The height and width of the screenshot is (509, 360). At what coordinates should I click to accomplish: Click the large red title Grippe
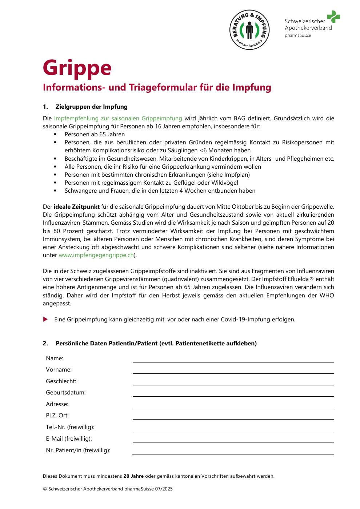click(77, 68)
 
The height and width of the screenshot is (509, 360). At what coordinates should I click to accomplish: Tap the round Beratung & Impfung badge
click(249, 30)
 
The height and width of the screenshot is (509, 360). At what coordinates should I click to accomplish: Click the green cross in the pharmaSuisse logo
click(333, 17)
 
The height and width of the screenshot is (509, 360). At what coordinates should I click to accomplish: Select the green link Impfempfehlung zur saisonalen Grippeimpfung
click(118, 118)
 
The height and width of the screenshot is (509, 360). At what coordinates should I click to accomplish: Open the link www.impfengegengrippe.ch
click(96, 255)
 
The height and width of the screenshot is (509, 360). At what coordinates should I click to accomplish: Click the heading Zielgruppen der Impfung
click(91, 107)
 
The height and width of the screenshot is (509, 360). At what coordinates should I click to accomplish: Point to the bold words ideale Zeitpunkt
click(77, 207)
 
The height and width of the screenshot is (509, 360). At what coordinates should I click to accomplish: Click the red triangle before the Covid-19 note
click(45, 319)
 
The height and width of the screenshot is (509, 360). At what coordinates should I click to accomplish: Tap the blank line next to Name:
click(233, 360)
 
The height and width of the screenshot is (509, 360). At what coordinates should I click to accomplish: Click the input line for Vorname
click(233, 371)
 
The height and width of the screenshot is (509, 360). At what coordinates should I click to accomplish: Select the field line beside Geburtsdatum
click(233, 394)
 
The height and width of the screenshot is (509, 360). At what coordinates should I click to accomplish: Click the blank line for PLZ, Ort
click(233, 417)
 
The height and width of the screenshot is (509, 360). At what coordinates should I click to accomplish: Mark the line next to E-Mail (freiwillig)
click(233, 440)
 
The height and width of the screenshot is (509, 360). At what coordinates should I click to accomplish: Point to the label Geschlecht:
click(61, 381)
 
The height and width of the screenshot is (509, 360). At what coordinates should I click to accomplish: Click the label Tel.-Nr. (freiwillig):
click(70, 427)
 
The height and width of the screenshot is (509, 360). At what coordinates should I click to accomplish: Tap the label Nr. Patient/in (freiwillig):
click(78, 450)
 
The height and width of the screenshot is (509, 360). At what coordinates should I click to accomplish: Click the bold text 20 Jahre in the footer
click(133, 476)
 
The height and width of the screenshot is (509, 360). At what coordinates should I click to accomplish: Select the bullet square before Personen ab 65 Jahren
click(55, 134)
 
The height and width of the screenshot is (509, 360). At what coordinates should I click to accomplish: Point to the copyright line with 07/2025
click(108, 489)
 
